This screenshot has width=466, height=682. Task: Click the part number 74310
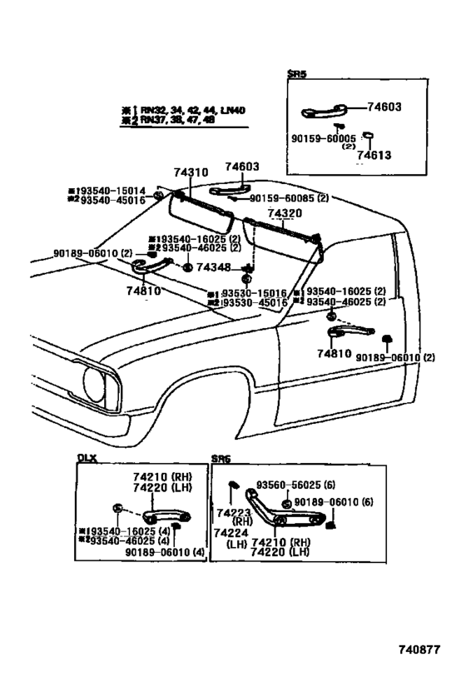click(191, 172)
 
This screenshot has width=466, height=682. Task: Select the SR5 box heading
click(297, 74)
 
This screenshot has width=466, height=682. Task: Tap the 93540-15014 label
click(107, 190)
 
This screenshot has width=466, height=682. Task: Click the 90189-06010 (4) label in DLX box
click(165, 551)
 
